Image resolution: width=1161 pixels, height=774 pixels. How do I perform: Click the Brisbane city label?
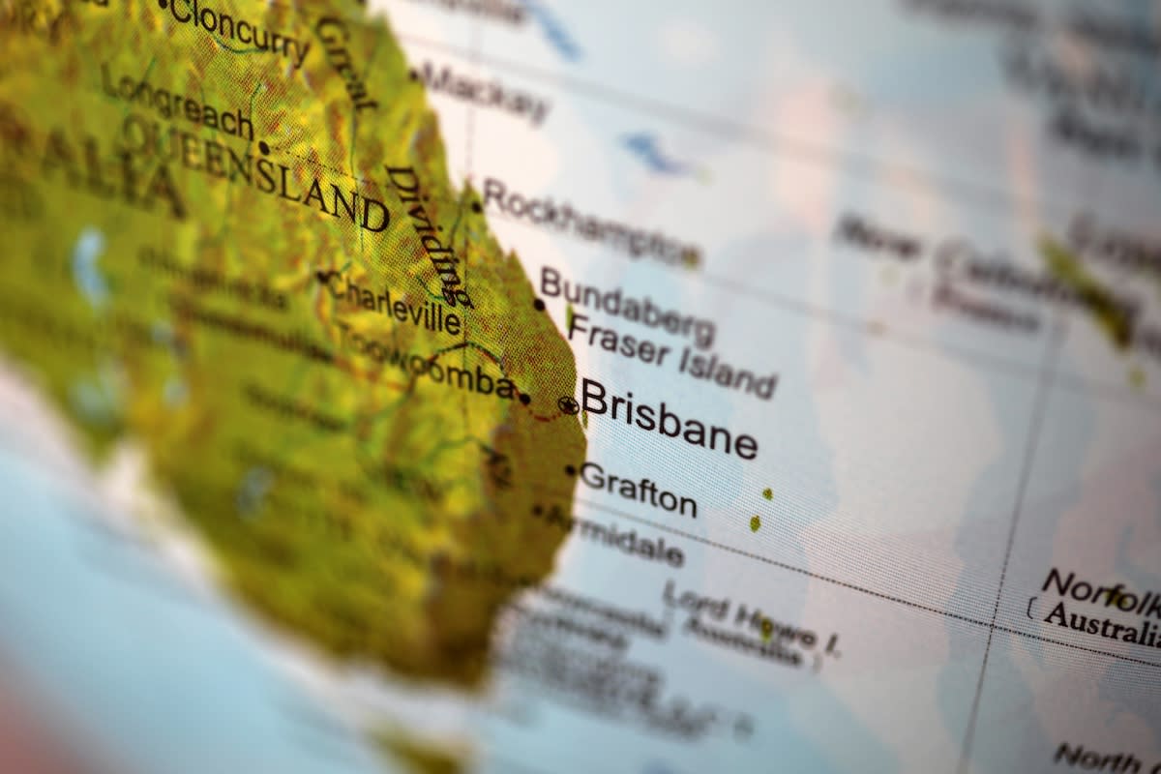(x=669, y=419)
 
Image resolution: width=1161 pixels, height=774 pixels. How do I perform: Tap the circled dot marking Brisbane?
(x=569, y=405)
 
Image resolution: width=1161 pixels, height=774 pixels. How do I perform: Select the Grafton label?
(x=639, y=490)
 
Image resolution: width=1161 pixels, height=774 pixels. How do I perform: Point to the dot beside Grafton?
(x=571, y=471)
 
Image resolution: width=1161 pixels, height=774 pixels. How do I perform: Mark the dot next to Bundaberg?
(x=539, y=304)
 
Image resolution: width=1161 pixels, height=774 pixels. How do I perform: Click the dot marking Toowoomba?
(x=524, y=398)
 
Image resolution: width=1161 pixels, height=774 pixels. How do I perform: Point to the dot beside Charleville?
(x=322, y=277)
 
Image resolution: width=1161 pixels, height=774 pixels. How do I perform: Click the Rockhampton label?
(x=589, y=223)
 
